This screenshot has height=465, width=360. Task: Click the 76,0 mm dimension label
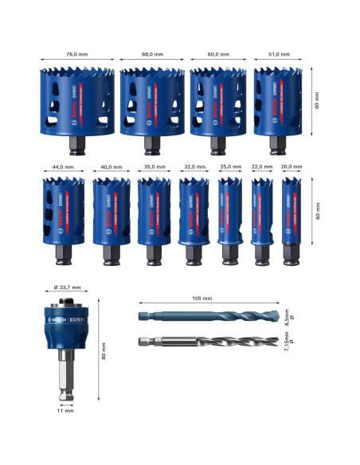pyautogui.click(x=77, y=54)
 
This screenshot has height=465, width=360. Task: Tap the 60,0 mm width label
pyautogui.click(x=217, y=54)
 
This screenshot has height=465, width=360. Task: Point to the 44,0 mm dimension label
pyautogui.click(x=62, y=167)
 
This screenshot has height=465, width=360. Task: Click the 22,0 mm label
pyautogui.click(x=261, y=167)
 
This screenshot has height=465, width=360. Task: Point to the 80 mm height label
pyautogui.click(x=104, y=356)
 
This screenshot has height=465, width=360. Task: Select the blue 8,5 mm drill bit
pyautogui.click(x=209, y=316)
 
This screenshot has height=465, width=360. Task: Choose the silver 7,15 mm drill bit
pyautogui.click(x=209, y=344)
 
